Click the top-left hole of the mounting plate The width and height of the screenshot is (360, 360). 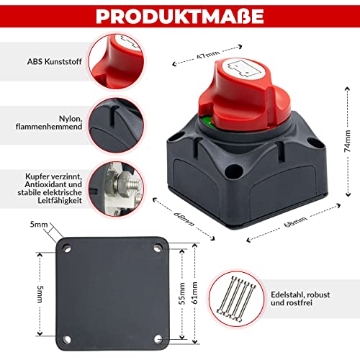tap(66, 248)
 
